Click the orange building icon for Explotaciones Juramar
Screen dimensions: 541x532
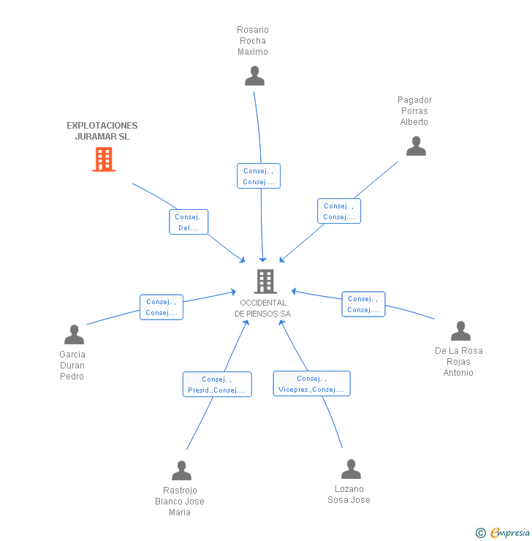[104, 159]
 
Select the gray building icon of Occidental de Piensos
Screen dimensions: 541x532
[265, 281]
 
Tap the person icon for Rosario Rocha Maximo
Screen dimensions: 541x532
[254, 76]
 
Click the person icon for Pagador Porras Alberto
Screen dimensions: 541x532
[416, 146]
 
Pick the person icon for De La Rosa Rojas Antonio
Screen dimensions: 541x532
[460, 331]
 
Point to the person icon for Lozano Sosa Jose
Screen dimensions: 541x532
[351, 469]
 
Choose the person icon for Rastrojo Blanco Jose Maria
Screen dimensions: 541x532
[181, 471]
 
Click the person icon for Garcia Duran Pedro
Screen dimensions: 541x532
[74, 335]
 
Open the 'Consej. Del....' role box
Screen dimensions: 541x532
[189, 222]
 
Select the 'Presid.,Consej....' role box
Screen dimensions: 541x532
[217, 385]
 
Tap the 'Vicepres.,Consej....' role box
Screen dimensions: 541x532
[311, 384]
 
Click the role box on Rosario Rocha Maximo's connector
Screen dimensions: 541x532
[259, 176]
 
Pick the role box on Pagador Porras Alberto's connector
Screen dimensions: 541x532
[339, 211]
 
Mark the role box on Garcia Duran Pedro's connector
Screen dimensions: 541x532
[161, 307]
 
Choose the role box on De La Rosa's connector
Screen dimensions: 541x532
[363, 304]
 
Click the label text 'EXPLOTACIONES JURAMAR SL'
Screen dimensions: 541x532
[102, 131]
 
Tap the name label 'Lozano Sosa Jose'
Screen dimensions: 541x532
[349, 494]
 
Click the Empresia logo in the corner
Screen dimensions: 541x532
[509, 533]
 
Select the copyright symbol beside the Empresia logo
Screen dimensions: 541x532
[481, 533]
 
